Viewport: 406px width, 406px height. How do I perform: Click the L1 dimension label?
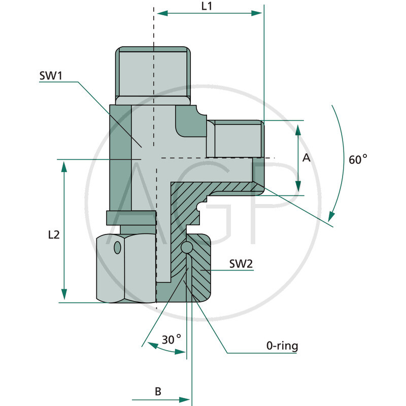207,7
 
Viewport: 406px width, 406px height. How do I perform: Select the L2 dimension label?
55,234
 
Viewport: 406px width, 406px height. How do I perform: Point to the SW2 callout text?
241,264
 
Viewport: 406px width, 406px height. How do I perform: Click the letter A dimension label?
306,158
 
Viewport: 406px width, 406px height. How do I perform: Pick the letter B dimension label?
158,391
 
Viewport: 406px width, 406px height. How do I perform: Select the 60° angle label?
357,159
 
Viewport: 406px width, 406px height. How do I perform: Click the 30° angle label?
172,339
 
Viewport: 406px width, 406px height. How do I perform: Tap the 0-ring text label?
282,347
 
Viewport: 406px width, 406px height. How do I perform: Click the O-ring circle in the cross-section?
187,248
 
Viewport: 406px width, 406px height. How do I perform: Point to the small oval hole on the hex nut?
118,248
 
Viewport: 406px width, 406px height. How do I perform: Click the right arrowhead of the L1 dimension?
258,14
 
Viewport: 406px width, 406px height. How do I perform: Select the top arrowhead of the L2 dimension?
64,165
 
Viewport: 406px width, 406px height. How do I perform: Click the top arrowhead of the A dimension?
298,127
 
